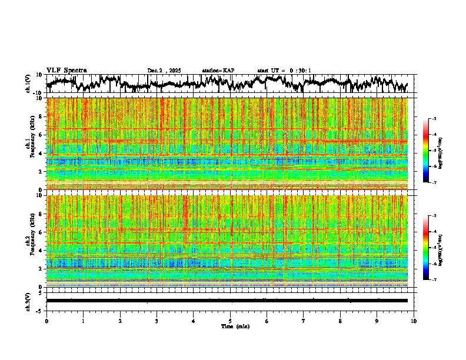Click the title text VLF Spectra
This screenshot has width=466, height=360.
click(x=66, y=70)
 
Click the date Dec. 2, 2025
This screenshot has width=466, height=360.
click(x=165, y=71)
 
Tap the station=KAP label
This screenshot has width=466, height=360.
click(x=218, y=71)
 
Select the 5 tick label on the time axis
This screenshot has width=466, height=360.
click(x=230, y=321)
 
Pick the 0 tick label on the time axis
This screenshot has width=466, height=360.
click(x=46, y=321)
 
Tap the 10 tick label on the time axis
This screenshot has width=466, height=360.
click(x=414, y=321)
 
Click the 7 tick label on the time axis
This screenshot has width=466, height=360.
click(x=304, y=321)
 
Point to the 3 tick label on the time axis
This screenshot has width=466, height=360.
click(x=157, y=321)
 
